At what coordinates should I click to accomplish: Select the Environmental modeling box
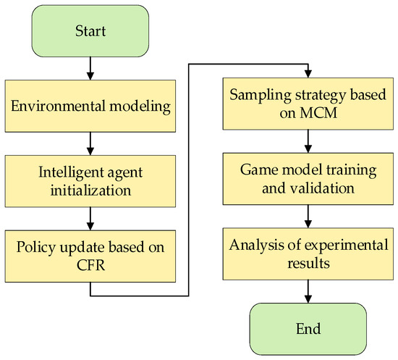point(90,108)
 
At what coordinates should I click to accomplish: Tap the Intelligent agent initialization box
point(90,181)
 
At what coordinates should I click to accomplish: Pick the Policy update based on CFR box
point(90,254)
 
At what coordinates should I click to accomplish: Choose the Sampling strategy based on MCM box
point(308,108)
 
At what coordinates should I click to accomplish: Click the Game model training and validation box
point(308,181)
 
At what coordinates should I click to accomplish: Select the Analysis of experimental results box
point(308,254)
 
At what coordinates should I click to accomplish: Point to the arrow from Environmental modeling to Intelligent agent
point(90,144)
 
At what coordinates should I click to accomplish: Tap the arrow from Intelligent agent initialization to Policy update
point(90,217)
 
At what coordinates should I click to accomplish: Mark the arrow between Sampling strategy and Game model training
point(308,144)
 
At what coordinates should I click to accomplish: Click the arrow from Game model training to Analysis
point(308,217)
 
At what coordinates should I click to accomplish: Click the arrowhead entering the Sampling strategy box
point(308,75)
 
